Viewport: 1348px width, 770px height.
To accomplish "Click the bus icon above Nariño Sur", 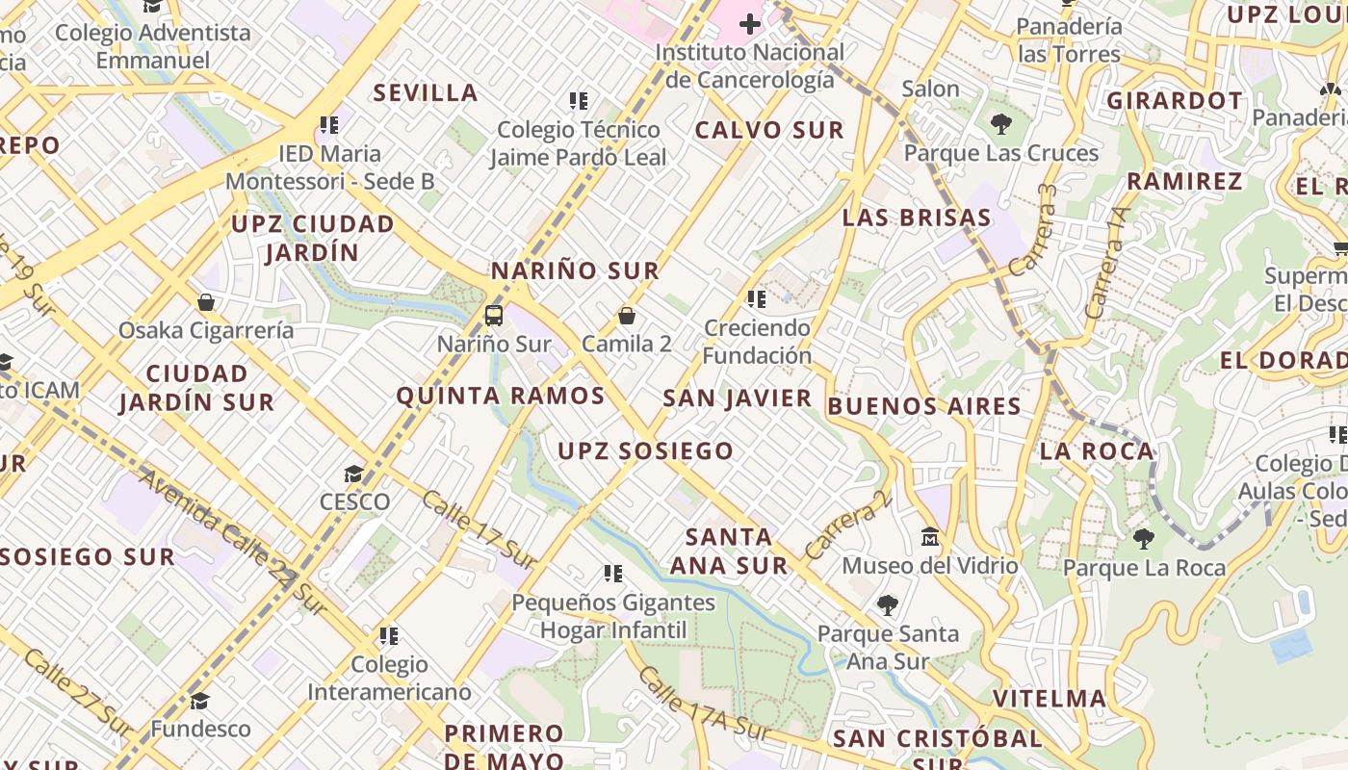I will (494, 315).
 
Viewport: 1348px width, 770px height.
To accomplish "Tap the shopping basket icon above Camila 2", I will (627, 315).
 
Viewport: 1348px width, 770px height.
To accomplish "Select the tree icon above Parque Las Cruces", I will (1001, 123).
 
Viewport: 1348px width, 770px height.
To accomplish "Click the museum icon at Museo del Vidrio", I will (930, 536).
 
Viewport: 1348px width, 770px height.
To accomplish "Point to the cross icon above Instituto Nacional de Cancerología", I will (749, 23).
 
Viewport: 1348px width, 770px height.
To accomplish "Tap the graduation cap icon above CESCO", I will (354, 474).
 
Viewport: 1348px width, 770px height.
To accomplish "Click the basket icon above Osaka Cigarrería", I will (206, 302).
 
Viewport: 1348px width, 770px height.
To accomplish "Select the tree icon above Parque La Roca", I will (1144, 539).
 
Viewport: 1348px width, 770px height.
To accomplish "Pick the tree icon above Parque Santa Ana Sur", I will (888, 605).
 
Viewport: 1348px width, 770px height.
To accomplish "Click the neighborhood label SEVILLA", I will (426, 92).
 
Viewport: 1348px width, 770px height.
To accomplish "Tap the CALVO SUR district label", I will (769, 130).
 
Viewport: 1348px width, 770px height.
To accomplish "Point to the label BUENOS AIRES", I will (924, 406).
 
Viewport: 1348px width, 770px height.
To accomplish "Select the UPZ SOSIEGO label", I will (645, 450).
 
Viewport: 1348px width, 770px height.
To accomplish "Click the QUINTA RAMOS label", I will (501, 396).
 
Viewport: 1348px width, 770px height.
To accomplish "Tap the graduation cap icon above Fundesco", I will (200, 701).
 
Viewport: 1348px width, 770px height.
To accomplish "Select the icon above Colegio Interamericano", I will (389, 635).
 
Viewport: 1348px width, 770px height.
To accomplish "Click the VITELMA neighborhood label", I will (1050, 698).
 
